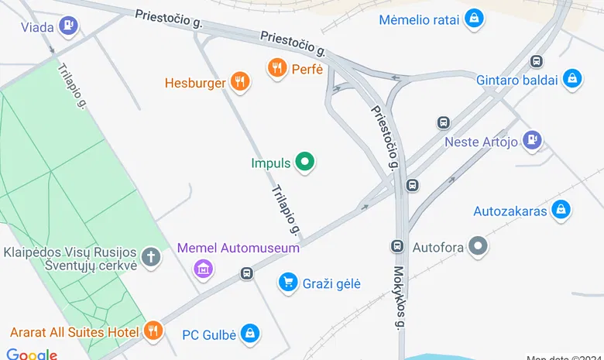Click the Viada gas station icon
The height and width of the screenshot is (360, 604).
pos(69,26)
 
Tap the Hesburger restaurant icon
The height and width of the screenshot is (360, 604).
pos(241,82)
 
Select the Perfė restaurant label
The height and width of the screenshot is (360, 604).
pos(307,69)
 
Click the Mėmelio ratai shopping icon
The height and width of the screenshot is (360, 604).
pos(474,19)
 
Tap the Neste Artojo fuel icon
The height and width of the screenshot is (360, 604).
pos(531,140)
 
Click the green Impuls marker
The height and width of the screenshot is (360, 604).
pos(306,162)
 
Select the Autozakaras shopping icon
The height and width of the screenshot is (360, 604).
pos(561,210)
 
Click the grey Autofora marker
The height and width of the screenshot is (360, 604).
pos(479,248)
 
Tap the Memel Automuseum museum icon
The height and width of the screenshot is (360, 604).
pos(203,268)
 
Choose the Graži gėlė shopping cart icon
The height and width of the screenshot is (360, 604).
pos(288,283)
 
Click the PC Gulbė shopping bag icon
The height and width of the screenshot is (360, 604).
pos(249,334)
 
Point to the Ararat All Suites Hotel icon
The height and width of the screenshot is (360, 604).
pos(153,331)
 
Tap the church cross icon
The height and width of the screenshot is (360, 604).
pos(153,257)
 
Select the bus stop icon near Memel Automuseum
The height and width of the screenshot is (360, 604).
pos(247,273)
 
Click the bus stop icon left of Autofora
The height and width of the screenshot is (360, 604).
pos(397,246)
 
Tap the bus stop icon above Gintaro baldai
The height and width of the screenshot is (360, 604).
pos(535,61)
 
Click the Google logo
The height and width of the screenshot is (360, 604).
pos(32,354)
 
